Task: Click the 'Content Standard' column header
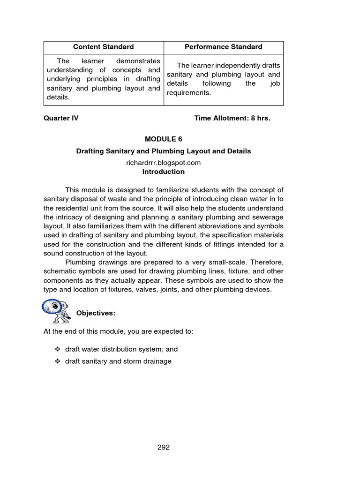103,47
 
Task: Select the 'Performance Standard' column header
223,47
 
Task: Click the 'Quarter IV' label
61,118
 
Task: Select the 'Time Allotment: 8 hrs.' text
232,118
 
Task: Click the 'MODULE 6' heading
163,139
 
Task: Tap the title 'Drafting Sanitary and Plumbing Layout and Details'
163,151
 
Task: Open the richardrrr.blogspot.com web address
163,163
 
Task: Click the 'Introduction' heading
163,172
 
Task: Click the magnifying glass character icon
56,310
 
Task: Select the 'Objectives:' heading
96,313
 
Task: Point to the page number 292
163,447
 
